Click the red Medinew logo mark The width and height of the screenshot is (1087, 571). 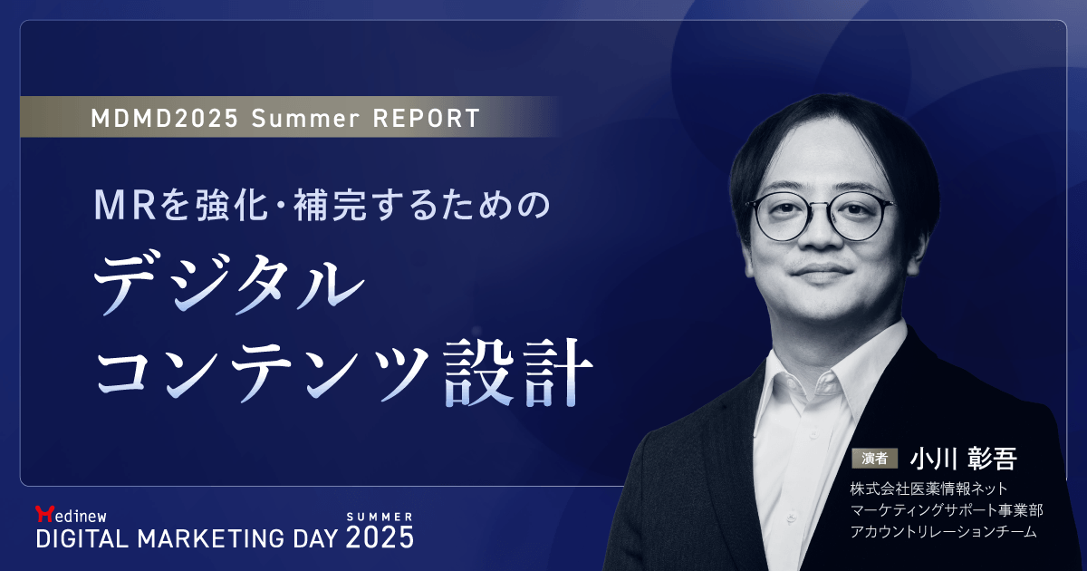[43, 513]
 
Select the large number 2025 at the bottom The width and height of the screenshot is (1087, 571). [380, 537]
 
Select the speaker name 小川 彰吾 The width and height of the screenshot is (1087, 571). [965, 458]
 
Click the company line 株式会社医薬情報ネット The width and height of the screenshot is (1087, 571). [923, 489]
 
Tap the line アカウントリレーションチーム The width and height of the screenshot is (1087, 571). [943, 532]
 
